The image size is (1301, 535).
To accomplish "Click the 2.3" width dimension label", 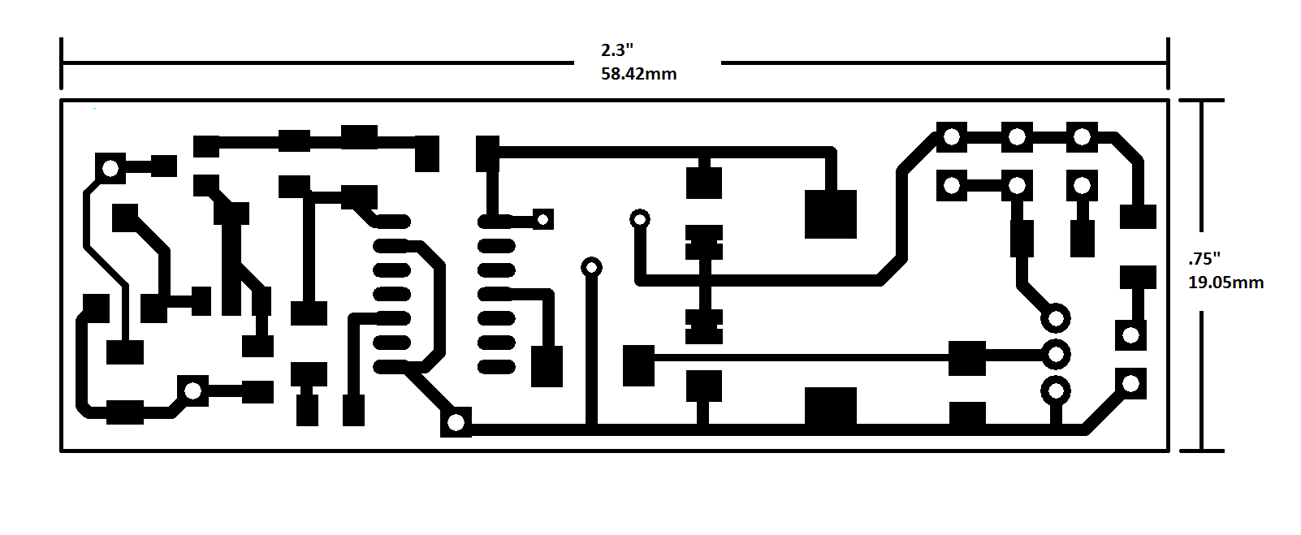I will pos(616,50).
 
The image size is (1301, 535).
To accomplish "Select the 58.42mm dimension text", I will pos(638,74).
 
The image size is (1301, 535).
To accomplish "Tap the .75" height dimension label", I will pos(1204,259).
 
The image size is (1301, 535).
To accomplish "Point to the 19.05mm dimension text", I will pos(1225,283).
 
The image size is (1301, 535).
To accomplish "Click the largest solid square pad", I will pos(830,214).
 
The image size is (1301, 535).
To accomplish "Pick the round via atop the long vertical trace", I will pos(591,267).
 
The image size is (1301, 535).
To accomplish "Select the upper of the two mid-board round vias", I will pos(639,218).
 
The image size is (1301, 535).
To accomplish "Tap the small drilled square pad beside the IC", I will pos(542,218).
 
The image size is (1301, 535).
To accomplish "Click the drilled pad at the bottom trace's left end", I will pos(456,422).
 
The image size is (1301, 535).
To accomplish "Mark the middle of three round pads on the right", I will pos(1056,354).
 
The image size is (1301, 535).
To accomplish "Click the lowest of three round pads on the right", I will pos(1056,390).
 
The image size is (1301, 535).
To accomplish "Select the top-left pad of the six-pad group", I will pos(951,137).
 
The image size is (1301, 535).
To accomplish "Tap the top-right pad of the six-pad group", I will pos(1081,137).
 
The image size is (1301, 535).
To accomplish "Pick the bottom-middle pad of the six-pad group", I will pos(1016,186).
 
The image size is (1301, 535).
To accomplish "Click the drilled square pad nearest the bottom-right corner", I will pos(1130,383).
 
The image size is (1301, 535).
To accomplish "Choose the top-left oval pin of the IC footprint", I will pos(391,221).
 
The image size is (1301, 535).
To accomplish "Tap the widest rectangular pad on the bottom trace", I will pos(830,407).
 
